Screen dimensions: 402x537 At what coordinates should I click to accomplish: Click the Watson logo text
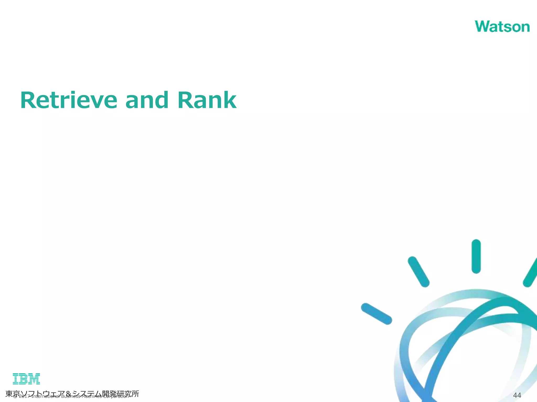[x=502, y=27]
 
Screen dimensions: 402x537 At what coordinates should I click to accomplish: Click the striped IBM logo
[x=26, y=379]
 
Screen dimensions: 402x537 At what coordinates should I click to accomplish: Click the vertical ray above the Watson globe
[x=476, y=256]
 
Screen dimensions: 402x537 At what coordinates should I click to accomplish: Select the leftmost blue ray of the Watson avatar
[x=376, y=314]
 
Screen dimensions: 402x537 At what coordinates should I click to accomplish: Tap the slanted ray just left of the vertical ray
[x=418, y=272]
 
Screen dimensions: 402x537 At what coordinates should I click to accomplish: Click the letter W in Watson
[x=484, y=27]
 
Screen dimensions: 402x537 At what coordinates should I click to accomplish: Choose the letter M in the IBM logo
[x=34, y=379]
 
